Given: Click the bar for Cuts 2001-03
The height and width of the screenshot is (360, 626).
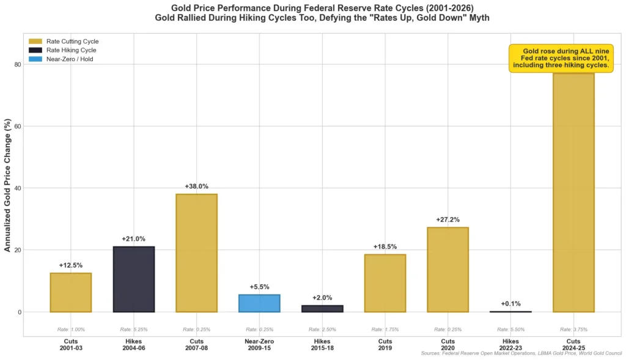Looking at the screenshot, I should pos(70,293).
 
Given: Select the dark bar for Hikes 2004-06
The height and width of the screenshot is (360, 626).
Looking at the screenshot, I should pos(133,279).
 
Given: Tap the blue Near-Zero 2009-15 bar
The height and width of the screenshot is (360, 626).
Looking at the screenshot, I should pos(259,303).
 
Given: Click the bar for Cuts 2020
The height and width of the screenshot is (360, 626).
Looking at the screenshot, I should pos(447,270).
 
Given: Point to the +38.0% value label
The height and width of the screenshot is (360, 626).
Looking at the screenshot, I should pos(196,186).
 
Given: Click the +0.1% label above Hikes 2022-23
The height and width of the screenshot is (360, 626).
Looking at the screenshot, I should pos(510,304).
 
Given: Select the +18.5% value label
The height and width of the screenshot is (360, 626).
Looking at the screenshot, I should pos(385,246).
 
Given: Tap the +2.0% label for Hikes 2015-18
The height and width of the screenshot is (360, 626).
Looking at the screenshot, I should pos(322,298).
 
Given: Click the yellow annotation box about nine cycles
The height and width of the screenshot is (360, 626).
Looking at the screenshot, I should pos(561,58).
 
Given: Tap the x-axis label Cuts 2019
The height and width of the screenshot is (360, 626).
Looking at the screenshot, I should pos(385,343).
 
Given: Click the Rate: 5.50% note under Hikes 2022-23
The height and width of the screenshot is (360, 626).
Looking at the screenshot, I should pos(510,329).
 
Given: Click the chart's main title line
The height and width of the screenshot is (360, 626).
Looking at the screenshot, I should pos(313,7).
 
